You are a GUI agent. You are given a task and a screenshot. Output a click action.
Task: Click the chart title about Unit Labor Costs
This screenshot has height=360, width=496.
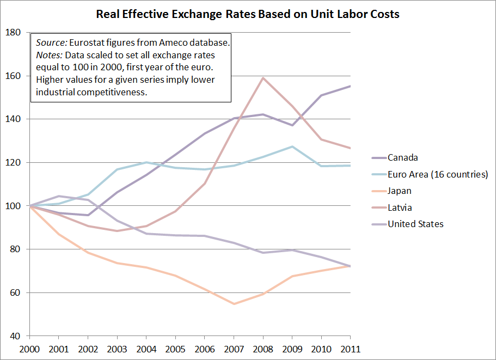[x=248, y=14]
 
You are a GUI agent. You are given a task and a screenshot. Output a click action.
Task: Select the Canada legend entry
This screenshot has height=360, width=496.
[x=402, y=158]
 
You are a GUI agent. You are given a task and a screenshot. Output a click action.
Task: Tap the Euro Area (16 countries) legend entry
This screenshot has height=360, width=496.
[x=438, y=174]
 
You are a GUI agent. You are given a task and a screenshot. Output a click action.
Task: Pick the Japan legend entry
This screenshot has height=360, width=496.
[x=400, y=191]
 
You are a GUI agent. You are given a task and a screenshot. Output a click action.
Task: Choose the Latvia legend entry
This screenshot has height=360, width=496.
[x=400, y=208]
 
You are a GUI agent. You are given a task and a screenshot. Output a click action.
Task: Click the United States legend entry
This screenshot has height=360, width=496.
[x=415, y=224]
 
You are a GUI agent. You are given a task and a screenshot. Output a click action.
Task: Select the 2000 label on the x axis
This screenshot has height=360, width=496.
[x=29, y=349]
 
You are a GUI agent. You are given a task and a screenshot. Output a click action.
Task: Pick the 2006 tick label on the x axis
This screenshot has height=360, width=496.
[x=205, y=349]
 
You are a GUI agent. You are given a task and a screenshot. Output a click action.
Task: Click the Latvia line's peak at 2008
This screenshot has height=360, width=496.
[x=263, y=77]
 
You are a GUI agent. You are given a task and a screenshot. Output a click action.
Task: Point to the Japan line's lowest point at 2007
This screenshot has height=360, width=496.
[x=234, y=304]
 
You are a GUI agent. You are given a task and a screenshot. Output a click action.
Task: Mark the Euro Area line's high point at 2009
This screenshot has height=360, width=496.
[x=292, y=146]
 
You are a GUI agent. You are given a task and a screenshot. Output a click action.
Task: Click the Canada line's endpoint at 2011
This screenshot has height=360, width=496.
[x=351, y=86]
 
